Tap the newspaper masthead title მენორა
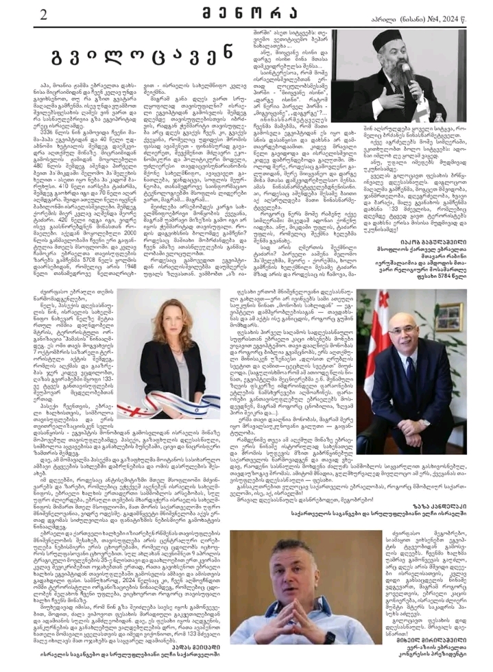tap(246, 13)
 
